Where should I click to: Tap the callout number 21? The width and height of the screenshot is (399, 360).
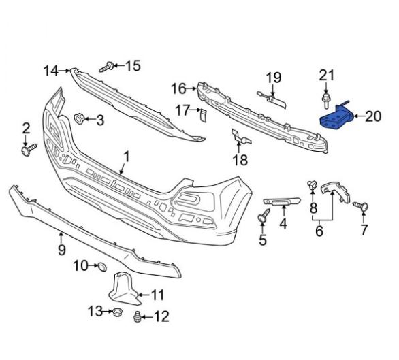point(327,76)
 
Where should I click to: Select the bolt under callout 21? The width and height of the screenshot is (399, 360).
point(326,101)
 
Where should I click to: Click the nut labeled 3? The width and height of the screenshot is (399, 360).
point(78,119)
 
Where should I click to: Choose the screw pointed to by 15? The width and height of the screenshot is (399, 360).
point(107,67)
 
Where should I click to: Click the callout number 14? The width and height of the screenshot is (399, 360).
point(51,71)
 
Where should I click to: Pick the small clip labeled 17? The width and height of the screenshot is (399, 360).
point(204,116)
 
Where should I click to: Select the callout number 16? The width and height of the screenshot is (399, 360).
point(178,88)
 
